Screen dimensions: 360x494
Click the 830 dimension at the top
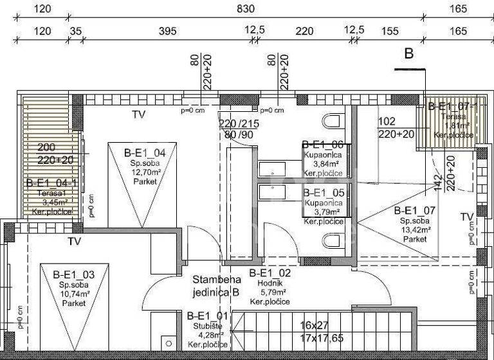pyautogui.click(x=246, y=9)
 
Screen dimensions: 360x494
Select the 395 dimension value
pyautogui.click(x=167, y=32)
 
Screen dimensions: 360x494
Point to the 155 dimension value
pyautogui.click(x=390, y=32)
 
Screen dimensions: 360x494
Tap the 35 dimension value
pyautogui.click(x=75, y=32)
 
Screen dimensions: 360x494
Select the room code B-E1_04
pyautogui.click(x=145, y=152)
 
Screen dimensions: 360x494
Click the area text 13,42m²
pyautogui.click(x=414, y=230)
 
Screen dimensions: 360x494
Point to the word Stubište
pyautogui.click(x=207, y=325)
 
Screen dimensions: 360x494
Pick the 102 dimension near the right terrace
pyautogui.click(x=387, y=121)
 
